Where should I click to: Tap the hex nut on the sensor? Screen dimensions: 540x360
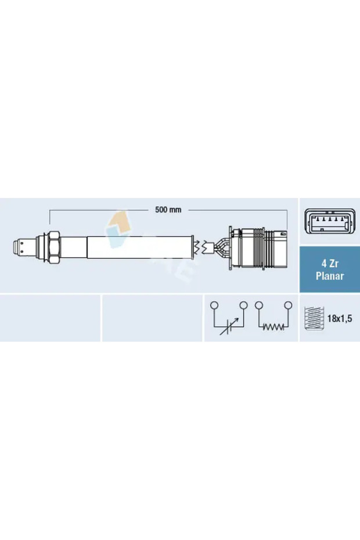(52, 246)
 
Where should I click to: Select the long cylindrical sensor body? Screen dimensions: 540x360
(139, 247)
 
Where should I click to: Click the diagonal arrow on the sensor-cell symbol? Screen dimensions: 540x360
(229, 327)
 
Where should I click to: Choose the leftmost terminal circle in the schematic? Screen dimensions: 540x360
(214, 305)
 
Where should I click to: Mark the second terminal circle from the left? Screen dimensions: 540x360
(244, 305)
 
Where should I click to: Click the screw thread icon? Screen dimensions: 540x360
(313, 318)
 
